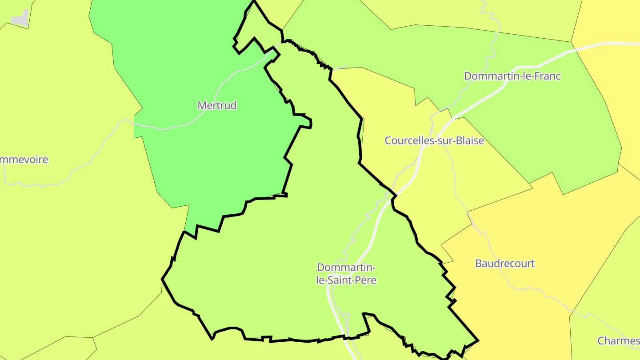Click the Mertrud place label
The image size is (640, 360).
[217, 105]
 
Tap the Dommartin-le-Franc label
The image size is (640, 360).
[512, 76]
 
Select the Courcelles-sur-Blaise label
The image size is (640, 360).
[434, 140]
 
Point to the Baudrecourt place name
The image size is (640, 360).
[505, 263]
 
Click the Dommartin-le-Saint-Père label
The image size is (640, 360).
[346, 274]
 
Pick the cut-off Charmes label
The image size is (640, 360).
[619, 341]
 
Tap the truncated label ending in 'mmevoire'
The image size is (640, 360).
[24, 160]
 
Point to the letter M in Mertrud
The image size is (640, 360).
[201, 106]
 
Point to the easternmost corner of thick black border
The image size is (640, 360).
[478, 341]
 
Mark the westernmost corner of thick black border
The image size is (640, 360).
[162, 279]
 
